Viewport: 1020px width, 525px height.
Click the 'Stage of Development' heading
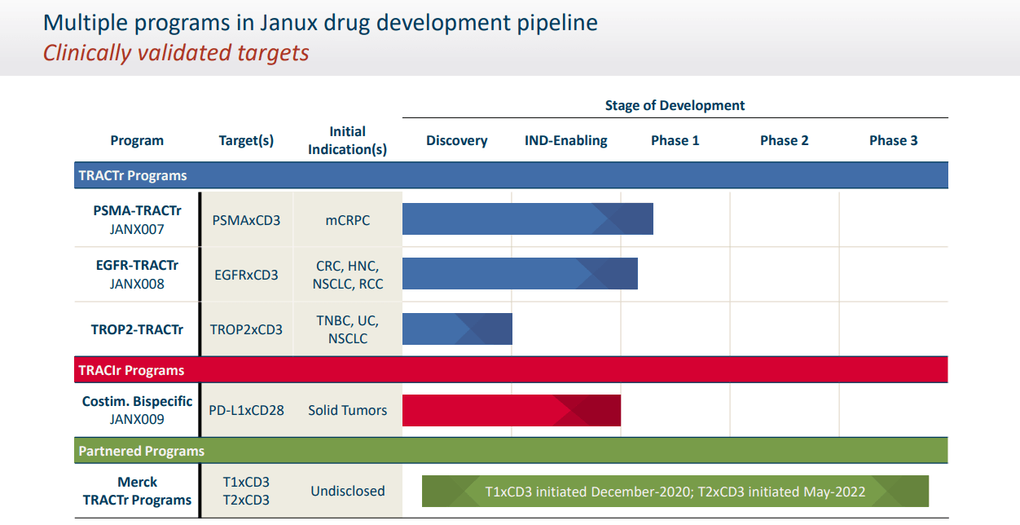click(x=675, y=105)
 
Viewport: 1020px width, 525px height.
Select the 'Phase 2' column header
click(x=784, y=140)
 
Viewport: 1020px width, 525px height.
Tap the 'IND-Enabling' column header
click(x=565, y=140)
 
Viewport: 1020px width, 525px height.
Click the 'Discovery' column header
click(x=456, y=140)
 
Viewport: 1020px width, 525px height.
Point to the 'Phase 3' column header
click(x=893, y=140)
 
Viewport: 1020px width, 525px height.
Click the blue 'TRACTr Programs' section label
click(x=133, y=175)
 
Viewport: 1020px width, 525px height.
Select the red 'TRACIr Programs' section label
click(x=131, y=370)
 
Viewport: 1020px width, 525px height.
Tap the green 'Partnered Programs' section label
click(x=141, y=451)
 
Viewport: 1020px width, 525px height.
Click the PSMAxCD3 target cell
click(x=246, y=220)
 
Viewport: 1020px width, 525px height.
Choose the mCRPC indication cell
click(x=348, y=220)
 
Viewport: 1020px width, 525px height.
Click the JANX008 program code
click(x=137, y=285)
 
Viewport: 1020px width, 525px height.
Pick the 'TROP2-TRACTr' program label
click(x=137, y=329)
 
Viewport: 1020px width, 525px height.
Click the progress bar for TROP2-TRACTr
click(x=457, y=329)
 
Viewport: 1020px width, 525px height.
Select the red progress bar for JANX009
click(x=511, y=410)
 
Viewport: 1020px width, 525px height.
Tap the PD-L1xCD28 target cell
click(x=246, y=410)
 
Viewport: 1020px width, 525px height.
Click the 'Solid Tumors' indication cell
click(x=348, y=410)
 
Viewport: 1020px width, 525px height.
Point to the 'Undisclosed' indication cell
click(x=348, y=491)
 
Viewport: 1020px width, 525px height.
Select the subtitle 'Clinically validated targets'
click(x=176, y=53)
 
